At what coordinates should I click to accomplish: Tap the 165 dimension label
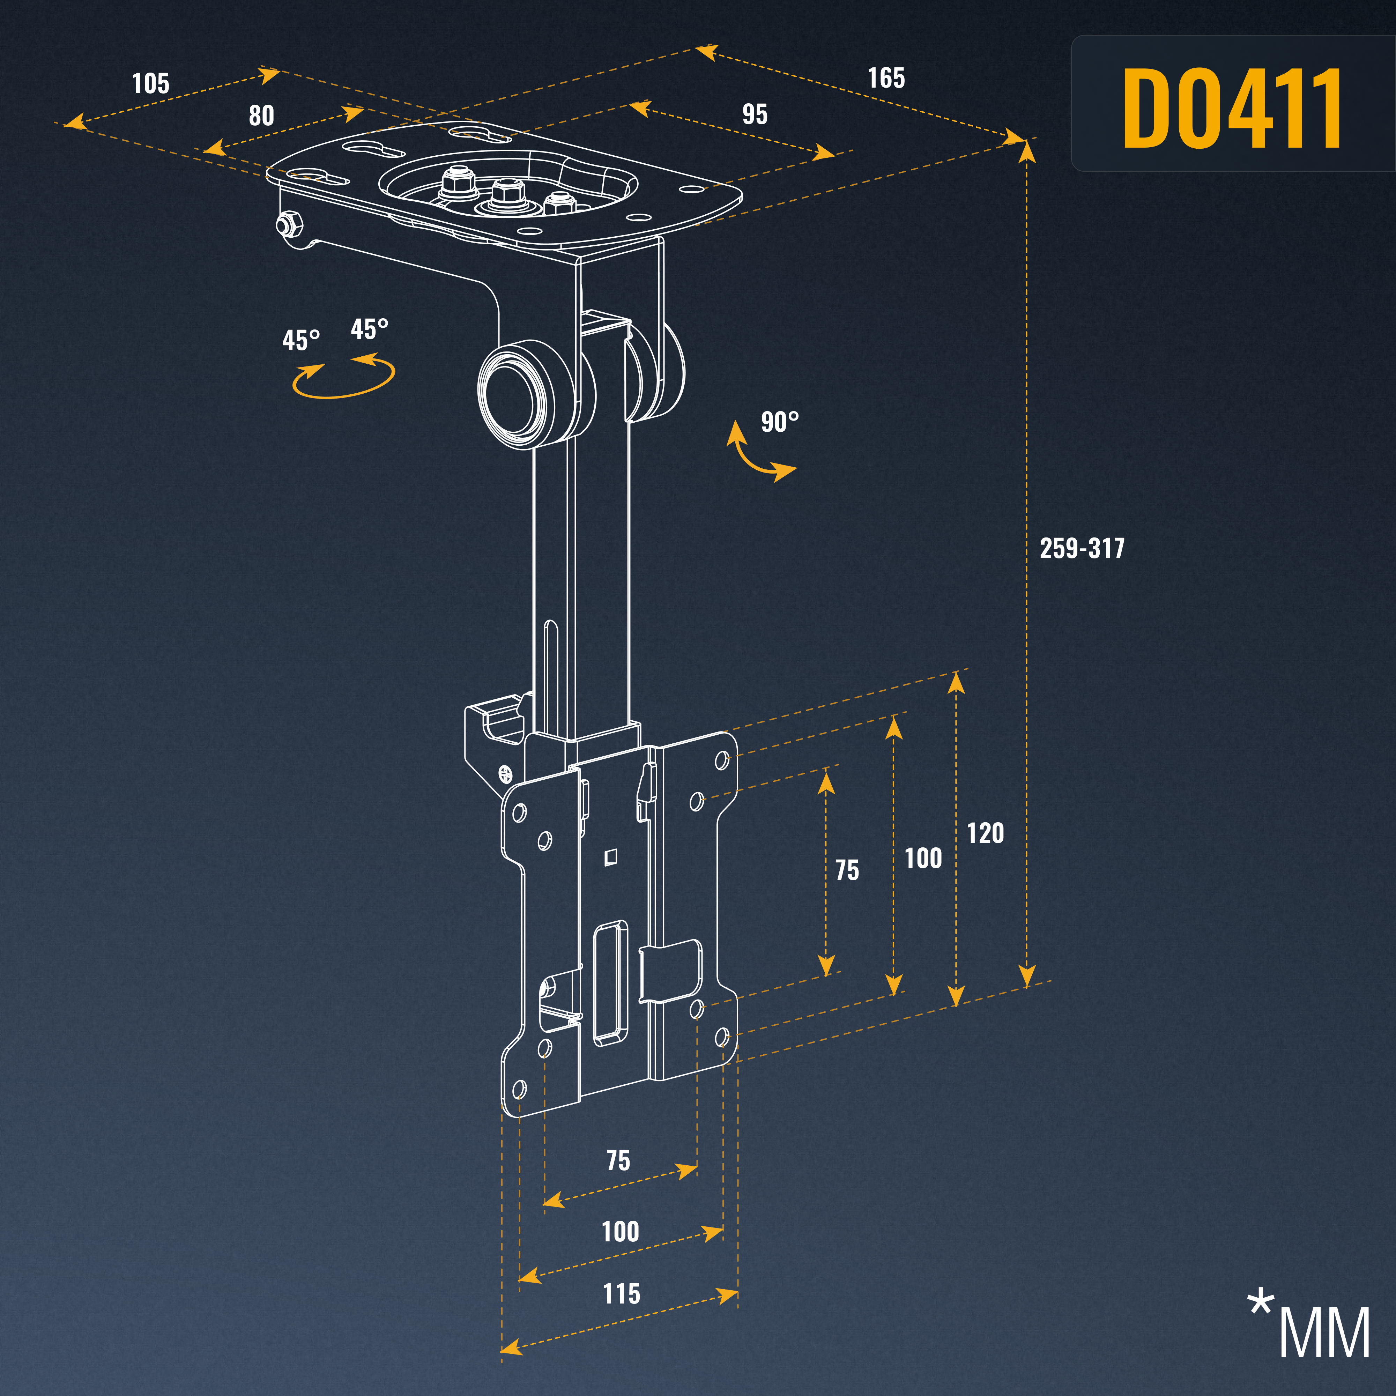[x=886, y=78]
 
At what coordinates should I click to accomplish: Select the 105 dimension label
[x=150, y=84]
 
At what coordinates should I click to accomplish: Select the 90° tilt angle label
[x=780, y=422]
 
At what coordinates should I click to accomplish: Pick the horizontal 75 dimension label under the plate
[x=618, y=1160]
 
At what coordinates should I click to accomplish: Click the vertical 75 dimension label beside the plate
[x=847, y=870]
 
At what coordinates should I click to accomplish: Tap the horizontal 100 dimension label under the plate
[x=620, y=1231]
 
